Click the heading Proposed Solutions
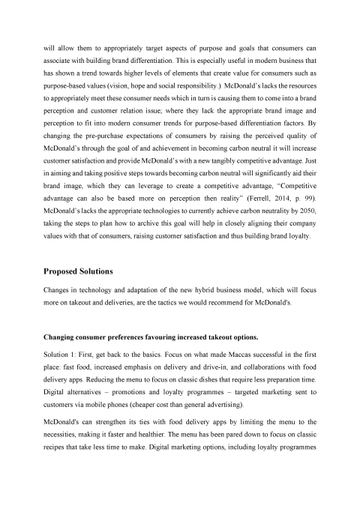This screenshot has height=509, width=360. (x=85, y=271)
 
